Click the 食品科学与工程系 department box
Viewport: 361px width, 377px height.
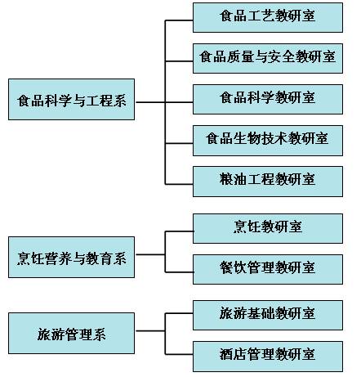[71, 99]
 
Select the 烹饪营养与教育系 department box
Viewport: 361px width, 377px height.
[71, 257]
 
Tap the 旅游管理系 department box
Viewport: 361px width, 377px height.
[71, 333]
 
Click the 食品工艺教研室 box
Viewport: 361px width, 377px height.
[268, 17]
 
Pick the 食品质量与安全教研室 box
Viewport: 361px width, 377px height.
[268, 58]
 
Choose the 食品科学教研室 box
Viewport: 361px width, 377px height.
[268, 99]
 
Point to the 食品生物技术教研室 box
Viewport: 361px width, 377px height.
[268, 141]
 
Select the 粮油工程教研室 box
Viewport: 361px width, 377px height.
[268, 182]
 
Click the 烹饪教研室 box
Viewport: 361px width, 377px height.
[268, 228]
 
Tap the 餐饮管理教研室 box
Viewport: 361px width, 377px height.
[268, 269]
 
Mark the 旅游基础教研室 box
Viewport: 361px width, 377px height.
[268, 315]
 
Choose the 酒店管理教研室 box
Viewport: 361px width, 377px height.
[268, 357]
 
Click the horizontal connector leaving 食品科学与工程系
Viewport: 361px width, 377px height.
[150, 102]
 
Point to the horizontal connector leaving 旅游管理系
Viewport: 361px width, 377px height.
[150, 331]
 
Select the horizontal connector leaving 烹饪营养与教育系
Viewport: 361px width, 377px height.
[150, 254]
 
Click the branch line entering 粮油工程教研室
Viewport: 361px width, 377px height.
[179, 184]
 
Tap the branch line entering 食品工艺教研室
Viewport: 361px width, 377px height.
[179, 20]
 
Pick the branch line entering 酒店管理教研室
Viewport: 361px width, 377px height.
[179, 354]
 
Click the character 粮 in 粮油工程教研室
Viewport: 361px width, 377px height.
[226, 179]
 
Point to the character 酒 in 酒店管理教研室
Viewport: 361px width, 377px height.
[226, 354]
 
